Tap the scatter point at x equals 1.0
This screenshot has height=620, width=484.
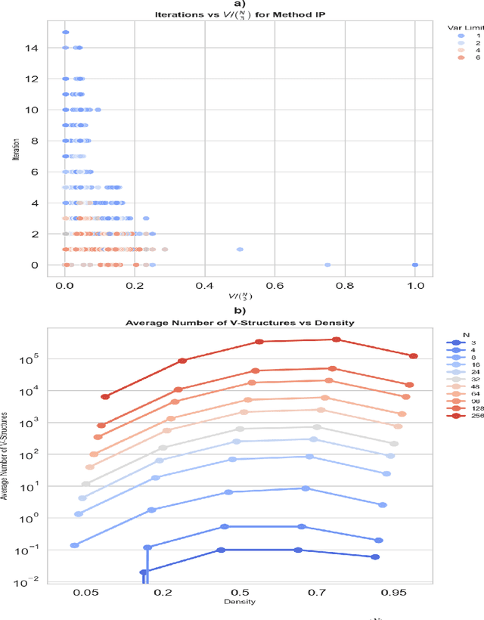point(415,265)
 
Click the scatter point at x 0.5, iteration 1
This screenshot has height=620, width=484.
point(240,249)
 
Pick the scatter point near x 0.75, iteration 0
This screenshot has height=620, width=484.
point(327,265)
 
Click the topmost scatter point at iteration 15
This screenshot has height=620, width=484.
point(65,33)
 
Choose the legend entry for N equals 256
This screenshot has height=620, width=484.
point(461,415)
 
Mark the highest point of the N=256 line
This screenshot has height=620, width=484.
point(337,339)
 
